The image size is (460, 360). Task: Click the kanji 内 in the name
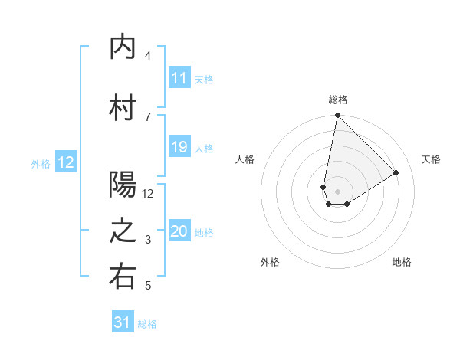pos(123,47)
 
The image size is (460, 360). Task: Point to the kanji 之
pos(123,231)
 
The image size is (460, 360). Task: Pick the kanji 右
pos(123,277)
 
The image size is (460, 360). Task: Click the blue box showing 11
pos(179,78)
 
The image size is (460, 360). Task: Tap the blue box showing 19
pos(179,147)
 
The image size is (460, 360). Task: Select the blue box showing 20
pos(179,232)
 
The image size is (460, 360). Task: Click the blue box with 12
pos(66,162)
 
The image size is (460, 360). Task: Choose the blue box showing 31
pos(123,323)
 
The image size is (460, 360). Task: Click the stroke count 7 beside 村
pos(148,116)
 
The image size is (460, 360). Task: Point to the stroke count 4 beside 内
pos(148,56)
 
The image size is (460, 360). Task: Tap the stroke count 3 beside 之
pos(148,240)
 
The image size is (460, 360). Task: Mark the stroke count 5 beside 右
pos(148,286)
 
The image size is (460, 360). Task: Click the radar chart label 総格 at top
pos(337,100)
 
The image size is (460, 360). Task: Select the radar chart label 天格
pos(431,159)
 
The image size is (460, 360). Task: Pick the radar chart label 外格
pos(270,262)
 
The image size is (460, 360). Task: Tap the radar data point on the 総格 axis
pos(337,116)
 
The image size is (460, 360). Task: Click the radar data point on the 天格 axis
pos(396,173)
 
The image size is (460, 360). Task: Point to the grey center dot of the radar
pos(337,190)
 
